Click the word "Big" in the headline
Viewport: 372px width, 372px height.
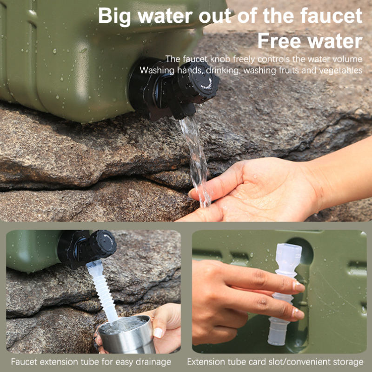[x=114, y=16]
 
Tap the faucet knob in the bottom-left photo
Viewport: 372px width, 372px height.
[x=104, y=244]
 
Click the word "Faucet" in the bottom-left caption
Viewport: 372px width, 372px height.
[x=24, y=362]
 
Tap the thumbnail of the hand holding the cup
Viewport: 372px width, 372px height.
[x=158, y=332]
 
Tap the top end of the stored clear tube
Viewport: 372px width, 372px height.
[x=289, y=245]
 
